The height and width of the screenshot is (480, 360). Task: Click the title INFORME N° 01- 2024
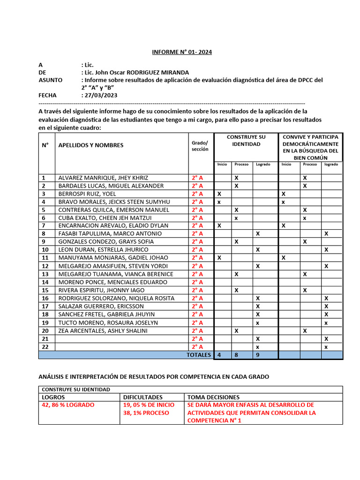182,52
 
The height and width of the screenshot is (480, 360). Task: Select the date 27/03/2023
101,95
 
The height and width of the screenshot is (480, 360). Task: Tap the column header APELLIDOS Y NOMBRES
91,145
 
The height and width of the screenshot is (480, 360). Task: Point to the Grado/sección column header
200,145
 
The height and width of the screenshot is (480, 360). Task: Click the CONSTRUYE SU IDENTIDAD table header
246,141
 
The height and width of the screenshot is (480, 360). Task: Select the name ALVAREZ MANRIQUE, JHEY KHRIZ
103,178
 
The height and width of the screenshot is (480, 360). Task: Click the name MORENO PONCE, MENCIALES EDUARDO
112,282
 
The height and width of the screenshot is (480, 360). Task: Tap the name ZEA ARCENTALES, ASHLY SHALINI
103,330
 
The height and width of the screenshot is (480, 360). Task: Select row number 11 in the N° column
45,258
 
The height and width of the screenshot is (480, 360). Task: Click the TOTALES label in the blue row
199,355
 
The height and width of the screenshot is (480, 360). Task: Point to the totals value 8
236,355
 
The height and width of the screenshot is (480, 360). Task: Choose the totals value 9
257,355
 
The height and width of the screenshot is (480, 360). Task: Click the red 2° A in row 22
197,347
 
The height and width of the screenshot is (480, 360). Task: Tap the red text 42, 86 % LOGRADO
68,405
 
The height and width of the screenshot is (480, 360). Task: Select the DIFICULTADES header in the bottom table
143,397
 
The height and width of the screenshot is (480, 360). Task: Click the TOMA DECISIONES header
213,397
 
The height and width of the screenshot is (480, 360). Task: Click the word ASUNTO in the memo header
50,80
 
